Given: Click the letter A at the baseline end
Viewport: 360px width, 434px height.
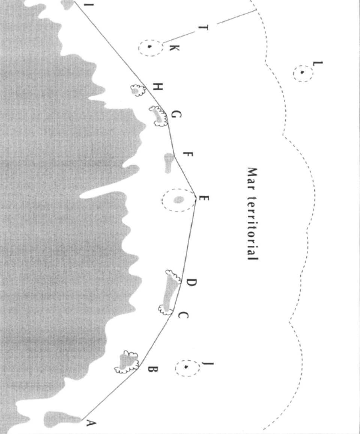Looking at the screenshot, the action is click(x=92, y=423).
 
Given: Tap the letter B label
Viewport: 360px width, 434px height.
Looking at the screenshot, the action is click(x=153, y=369).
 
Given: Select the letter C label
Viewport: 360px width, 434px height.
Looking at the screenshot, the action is click(x=183, y=315).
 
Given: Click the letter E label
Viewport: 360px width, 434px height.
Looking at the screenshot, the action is click(x=204, y=198).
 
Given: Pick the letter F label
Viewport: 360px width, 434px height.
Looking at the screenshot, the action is click(x=188, y=154).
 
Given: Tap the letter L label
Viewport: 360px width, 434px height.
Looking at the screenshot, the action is click(x=318, y=64).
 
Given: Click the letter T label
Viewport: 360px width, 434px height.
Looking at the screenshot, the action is click(x=203, y=28).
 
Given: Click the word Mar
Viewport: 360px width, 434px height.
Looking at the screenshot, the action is click(x=252, y=178).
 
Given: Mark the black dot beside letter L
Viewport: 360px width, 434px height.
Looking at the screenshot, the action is click(x=302, y=73).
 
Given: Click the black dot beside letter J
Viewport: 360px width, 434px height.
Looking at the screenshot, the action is click(x=186, y=367).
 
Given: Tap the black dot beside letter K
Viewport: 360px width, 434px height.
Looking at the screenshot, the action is click(x=149, y=47).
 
